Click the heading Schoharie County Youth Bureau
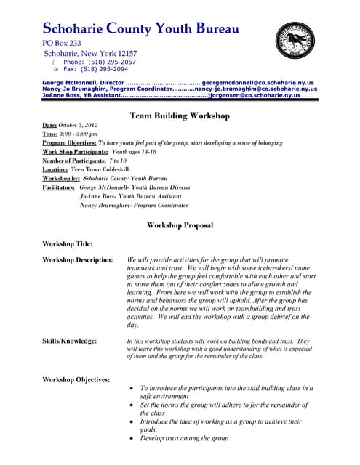140,30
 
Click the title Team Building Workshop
179,116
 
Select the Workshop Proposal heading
180,225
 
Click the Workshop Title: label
67,243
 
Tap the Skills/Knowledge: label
69,341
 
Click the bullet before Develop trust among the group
131,439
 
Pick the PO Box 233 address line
62,44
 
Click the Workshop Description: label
77,259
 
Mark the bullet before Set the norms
131,405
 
